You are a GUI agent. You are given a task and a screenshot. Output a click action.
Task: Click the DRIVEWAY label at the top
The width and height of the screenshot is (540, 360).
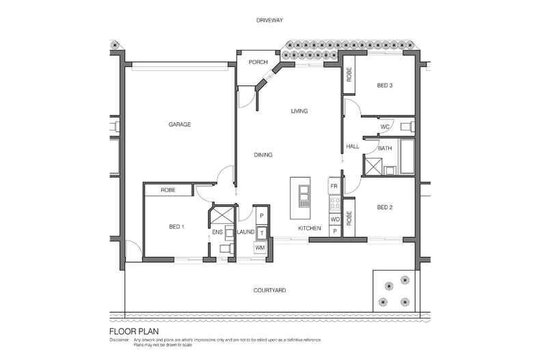tap(269, 21)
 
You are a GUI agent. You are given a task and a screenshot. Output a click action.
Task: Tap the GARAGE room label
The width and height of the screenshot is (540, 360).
tap(179, 124)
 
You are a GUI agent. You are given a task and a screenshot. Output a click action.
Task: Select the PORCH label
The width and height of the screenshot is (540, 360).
tap(258, 63)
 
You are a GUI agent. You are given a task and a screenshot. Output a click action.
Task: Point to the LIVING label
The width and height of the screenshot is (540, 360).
tap(299, 111)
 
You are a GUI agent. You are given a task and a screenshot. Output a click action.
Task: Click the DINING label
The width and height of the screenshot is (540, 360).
tap(263, 155)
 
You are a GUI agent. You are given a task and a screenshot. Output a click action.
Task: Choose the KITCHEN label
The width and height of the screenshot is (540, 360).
tap(309, 228)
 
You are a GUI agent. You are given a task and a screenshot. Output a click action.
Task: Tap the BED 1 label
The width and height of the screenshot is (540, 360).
tap(176, 226)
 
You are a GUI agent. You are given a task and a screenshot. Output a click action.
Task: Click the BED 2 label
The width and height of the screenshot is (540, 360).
tap(383, 207)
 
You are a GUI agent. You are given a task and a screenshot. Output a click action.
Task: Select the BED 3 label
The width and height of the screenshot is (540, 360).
tap(384, 85)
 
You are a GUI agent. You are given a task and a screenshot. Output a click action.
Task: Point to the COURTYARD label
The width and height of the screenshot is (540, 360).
tap(269, 290)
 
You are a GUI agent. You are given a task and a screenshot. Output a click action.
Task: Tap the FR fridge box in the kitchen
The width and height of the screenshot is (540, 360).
tap(334, 186)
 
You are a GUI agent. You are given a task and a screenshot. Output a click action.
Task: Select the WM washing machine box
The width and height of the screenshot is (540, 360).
tap(260, 247)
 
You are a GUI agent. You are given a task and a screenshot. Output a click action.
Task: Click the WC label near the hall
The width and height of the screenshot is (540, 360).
tap(384, 127)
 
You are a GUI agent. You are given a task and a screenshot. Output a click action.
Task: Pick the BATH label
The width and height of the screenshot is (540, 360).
tap(385, 148)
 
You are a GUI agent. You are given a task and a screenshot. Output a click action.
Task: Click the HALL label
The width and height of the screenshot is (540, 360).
tap(353, 146)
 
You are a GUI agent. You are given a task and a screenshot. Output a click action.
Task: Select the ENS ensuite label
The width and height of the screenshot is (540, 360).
tap(218, 232)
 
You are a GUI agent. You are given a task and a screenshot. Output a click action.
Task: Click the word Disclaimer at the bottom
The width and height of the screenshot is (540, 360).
tap(120, 340)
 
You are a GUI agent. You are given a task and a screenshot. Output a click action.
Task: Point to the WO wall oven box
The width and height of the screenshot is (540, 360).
tap(334, 219)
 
